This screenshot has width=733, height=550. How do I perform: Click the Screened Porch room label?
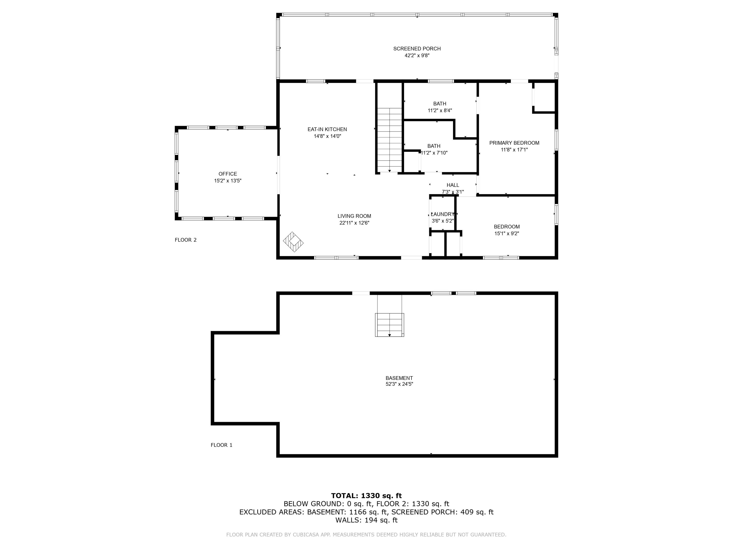point(417,49)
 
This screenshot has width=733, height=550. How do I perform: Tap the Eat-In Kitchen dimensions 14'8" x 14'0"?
point(327,136)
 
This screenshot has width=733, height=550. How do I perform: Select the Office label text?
point(228,174)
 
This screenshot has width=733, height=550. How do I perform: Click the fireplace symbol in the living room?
point(293,242)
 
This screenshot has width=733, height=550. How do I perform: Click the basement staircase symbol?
point(389,325)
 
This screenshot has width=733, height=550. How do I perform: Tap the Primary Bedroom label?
point(514,143)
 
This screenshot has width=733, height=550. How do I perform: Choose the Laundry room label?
point(443,214)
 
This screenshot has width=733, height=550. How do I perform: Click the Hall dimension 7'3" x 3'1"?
point(453,192)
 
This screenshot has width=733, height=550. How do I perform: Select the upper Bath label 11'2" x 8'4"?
point(440,104)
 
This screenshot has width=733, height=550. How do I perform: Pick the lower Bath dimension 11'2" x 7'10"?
point(434,153)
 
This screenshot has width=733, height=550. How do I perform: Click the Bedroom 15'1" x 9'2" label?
point(507,227)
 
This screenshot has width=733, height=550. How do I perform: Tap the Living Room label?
point(354,216)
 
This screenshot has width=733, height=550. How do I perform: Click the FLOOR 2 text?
point(185,240)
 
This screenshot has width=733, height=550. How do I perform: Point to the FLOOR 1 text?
point(221,445)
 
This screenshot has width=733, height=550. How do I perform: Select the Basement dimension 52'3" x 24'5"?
point(399,384)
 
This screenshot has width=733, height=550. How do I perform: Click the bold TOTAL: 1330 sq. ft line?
point(366,496)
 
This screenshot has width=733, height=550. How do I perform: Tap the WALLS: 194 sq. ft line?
point(366,520)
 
